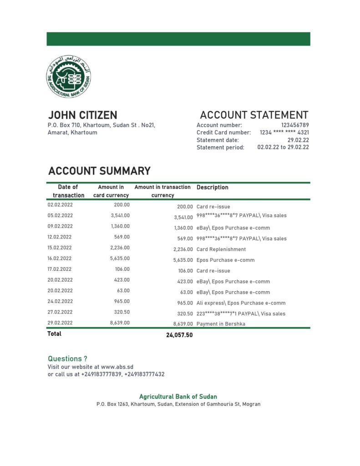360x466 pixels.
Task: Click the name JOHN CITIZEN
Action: point(82,115)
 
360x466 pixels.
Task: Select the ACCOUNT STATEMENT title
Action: point(254,115)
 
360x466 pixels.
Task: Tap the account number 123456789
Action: point(295,125)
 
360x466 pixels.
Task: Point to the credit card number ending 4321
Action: point(284,132)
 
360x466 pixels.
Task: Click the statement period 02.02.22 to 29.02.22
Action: point(283,147)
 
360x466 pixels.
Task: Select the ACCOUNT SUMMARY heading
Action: point(99,171)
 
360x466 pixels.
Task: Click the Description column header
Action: point(213,187)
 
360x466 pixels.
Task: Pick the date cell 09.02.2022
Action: point(60,226)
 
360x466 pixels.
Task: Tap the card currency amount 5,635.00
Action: point(120,258)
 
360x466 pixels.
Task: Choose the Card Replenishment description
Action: point(221,249)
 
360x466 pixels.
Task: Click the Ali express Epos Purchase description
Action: point(241,303)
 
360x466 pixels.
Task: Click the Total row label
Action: point(55,334)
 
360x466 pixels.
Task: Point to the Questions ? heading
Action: point(68,359)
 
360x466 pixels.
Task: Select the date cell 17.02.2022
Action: point(60,269)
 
